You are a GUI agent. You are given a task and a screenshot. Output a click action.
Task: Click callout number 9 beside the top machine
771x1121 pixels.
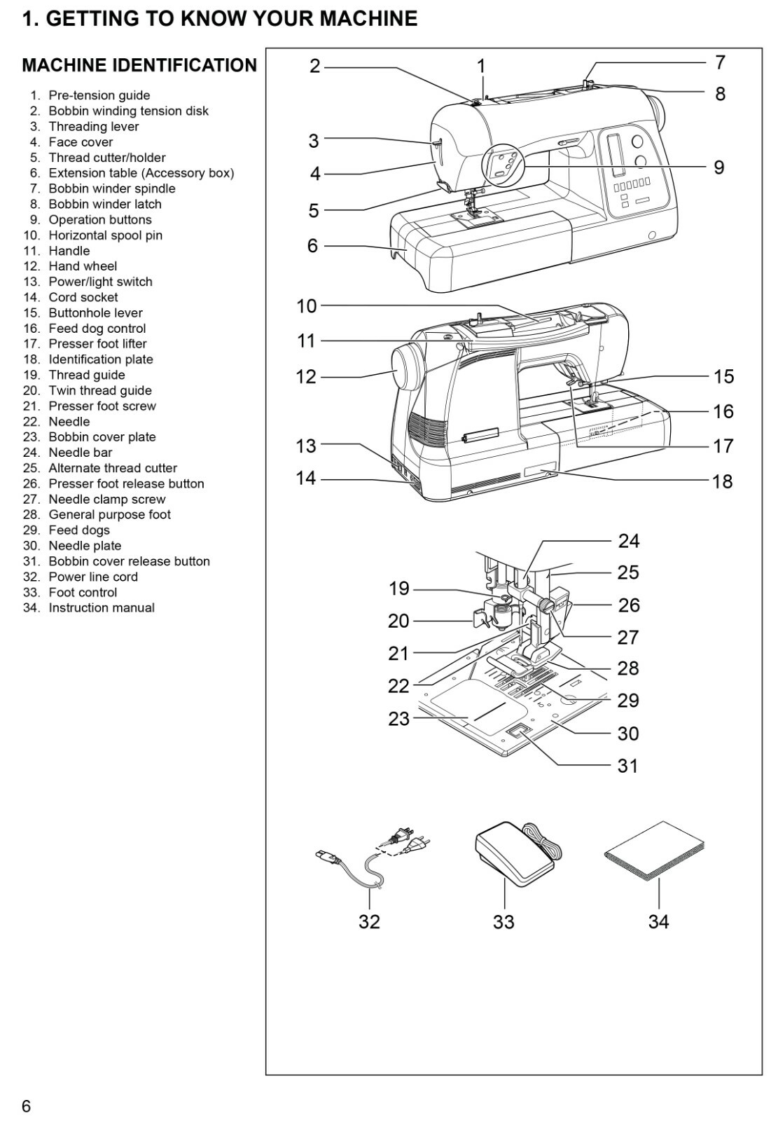click(719, 167)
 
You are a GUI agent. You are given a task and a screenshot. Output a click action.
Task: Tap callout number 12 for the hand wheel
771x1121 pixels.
click(306, 377)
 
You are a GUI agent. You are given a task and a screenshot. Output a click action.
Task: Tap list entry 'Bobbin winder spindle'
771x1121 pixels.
click(111, 188)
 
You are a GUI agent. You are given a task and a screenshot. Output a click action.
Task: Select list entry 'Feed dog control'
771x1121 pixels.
click(97, 329)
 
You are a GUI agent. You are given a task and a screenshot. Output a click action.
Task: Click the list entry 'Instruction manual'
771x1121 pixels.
click(101, 608)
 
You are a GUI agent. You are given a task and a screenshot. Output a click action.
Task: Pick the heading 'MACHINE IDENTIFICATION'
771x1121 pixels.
click(139, 66)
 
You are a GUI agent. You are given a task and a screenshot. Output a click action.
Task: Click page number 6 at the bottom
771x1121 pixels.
click(27, 1106)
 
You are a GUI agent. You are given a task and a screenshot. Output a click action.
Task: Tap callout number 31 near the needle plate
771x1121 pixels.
click(627, 766)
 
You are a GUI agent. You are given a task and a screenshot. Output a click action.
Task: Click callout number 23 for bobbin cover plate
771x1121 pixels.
click(398, 719)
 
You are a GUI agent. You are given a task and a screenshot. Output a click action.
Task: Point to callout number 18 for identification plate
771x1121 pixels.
click(723, 481)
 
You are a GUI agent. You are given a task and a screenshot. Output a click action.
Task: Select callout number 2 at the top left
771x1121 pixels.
click(315, 67)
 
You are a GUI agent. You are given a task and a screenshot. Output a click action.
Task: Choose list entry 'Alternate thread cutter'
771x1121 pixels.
click(112, 468)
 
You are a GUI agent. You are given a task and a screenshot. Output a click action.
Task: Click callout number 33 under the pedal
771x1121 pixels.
click(503, 921)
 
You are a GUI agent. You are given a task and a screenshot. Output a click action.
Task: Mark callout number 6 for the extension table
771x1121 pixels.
click(312, 246)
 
